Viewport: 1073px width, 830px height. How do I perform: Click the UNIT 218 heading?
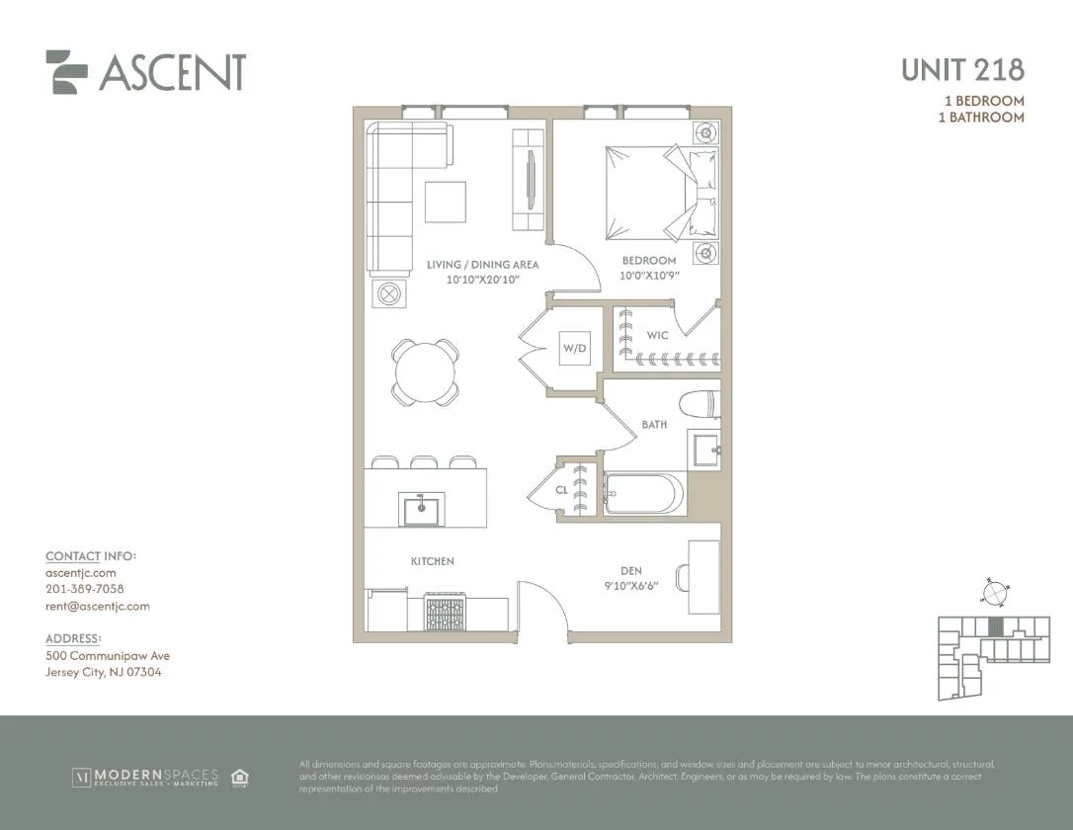(x=962, y=70)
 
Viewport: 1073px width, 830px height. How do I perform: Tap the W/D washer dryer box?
(x=574, y=348)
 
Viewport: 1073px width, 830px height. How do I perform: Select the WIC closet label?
(x=657, y=336)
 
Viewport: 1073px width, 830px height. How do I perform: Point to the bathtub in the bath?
(x=642, y=491)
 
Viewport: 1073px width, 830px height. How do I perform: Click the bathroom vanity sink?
(x=705, y=450)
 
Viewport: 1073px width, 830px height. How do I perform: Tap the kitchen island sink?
(x=422, y=509)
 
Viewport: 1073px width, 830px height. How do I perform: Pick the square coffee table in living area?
(x=446, y=202)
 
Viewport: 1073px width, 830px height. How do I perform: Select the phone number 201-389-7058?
(x=85, y=589)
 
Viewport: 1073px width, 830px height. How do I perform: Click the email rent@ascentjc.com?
(x=98, y=606)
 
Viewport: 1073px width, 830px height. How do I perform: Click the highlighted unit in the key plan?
(x=996, y=626)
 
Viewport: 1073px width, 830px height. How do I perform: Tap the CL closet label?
(x=561, y=489)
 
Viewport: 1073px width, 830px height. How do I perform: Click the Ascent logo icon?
(x=67, y=72)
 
